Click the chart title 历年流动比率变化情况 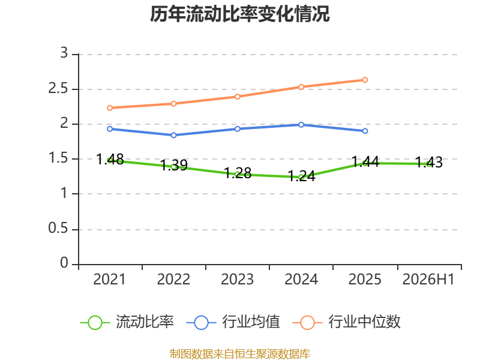pyautogui.click(x=239, y=14)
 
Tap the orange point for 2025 pyautogui.click(x=365, y=80)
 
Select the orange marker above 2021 pyautogui.click(x=110, y=108)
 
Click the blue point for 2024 pyautogui.click(x=301, y=125)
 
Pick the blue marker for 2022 pyautogui.click(x=173, y=135)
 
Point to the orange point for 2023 pyautogui.click(x=237, y=97)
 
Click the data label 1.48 pyautogui.click(x=110, y=159)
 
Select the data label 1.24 pyautogui.click(x=302, y=176)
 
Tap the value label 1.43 pyautogui.click(x=429, y=162)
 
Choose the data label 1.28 pyautogui.click(x=238, y=173)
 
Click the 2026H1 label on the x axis pyautogui.click(x=428, y=279)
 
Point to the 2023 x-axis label pyautogui.click(x=237, y=279)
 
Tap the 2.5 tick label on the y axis pyautogui.click(x=58, y=88)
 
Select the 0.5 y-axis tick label pyautogui.click(x=58, y=228)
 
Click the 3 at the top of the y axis pyautogui.click(x=64, y=53)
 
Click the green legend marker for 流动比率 pyautogui.click(x=95, y=323)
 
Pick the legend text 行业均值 pyautogui.click(x=251, y=322)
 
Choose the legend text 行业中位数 pyautogui.click(x=364, y=322)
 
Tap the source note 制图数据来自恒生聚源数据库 pyautogui.click(x=240, y=353)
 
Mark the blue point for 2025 pyautogui.click(x=365, y=131)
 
